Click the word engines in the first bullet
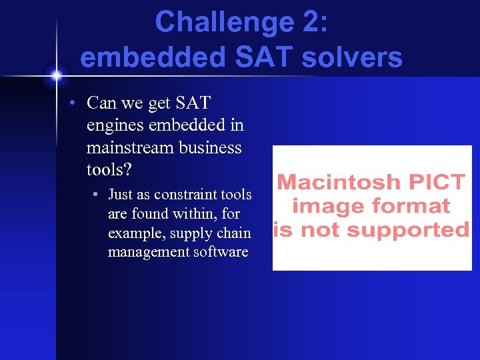[x=113, y=125]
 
